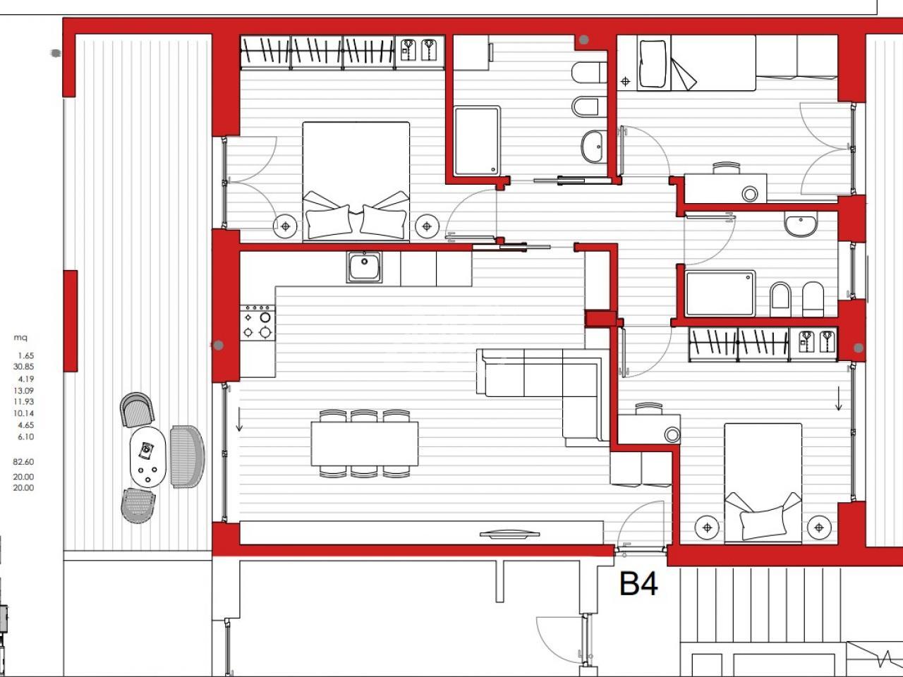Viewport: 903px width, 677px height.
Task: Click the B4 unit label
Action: click(638, 584)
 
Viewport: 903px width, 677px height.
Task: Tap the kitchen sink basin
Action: click(364, 267)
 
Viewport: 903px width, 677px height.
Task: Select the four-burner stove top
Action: click(257, 323)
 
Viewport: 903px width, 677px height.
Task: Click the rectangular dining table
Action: click(365, 444)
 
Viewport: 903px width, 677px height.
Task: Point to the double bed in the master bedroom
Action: click(356, 181)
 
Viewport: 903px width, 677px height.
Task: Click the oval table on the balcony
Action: click(147, 457)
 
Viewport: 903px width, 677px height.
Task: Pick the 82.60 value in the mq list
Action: click(23, 462)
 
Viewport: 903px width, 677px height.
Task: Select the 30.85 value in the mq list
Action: click(23, 367)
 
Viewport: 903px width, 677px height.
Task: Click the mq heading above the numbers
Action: click(20, 338)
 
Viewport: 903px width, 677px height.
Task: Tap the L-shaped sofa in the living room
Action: click(543, 397)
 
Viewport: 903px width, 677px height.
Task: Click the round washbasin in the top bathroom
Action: click(593, 147)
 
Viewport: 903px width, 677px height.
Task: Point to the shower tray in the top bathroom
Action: click(477, 140)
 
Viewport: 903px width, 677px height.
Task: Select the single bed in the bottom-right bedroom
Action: click(763, 483)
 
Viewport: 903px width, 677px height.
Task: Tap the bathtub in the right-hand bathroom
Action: click(720, 293)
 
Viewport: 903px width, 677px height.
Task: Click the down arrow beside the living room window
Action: click(239, 419)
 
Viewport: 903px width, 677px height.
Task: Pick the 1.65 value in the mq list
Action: click(25, 355)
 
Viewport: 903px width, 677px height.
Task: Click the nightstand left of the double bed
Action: click(285, 226)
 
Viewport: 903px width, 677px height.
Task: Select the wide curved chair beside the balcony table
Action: click(188, 457)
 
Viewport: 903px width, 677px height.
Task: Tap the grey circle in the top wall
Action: click(583, 40)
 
